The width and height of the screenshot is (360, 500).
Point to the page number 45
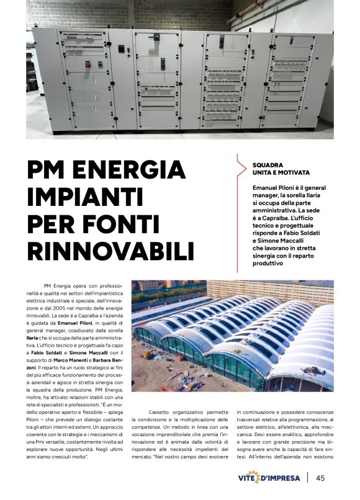[x=320, y=478]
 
